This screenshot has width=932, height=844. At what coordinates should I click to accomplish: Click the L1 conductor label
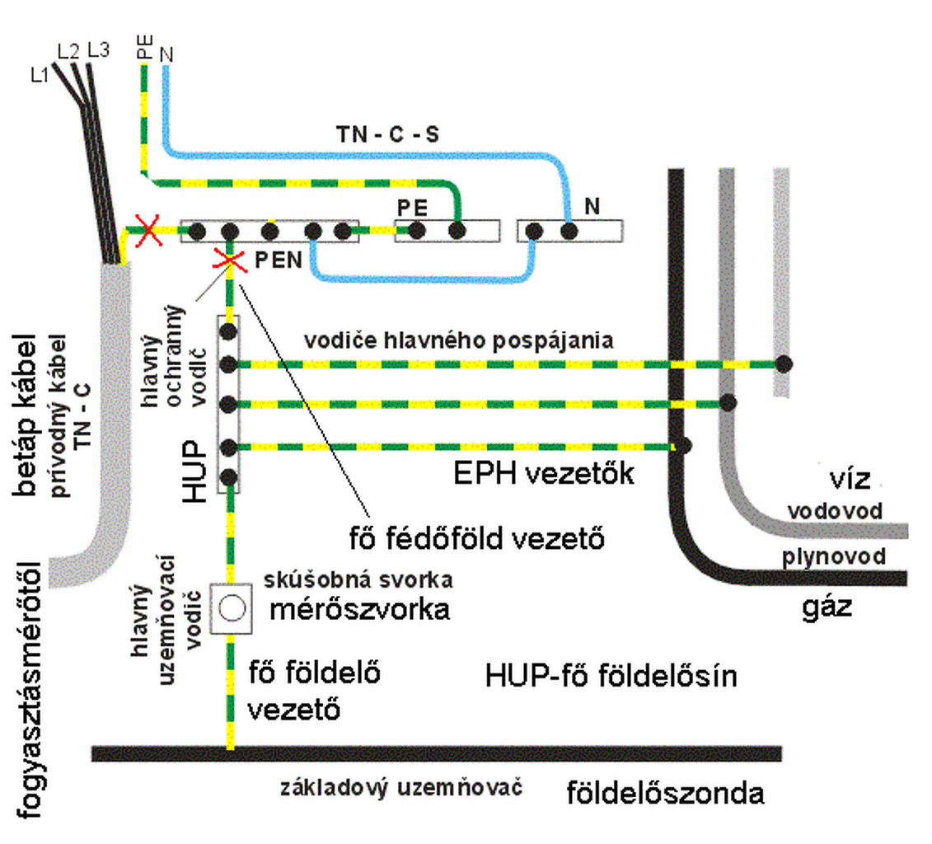[40, 74]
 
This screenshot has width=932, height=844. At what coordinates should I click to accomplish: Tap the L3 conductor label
[99, 50]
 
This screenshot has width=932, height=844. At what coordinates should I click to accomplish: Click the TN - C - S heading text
[388, 134]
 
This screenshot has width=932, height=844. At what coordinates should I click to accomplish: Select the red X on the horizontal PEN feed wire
[148, 229]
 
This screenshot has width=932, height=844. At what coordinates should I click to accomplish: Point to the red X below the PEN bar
[230, 260]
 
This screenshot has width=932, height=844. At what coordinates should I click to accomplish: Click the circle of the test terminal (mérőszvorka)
[232, 608]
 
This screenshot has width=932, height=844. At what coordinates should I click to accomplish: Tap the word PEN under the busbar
[279, 260]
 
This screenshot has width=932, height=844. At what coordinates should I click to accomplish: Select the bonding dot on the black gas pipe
[684, 444]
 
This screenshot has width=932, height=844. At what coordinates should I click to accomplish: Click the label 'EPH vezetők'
[543, 474]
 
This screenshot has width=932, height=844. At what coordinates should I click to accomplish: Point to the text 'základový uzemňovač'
[401, 788]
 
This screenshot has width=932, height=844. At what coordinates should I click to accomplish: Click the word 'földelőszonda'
[665, 794]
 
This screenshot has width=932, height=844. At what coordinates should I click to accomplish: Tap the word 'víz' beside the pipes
[850, 479]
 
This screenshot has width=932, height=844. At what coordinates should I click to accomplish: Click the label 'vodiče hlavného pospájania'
[458, 340]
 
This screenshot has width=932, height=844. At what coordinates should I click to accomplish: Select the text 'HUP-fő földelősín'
[611, 676]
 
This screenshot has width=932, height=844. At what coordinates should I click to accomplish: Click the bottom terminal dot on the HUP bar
[229, 477]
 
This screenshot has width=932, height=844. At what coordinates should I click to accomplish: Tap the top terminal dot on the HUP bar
[229, 331]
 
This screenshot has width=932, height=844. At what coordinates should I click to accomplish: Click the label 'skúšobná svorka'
[358, 580]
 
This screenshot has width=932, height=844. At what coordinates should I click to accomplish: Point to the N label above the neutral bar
[592, 206]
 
